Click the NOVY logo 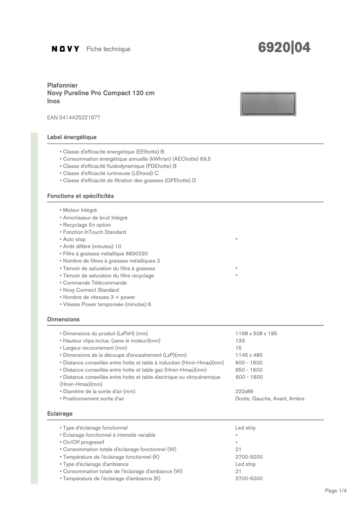66,49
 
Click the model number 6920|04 285,48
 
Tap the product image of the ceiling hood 268,104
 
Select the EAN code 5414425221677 74,118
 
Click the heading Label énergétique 72,137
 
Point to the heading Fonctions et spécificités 80,196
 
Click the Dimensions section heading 63,320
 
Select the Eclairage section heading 60,413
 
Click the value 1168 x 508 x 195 256,333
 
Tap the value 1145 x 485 249,355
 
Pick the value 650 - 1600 249,370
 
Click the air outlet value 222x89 244,391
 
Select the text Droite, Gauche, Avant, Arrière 269,399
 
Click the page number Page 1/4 336,491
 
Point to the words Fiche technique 108,49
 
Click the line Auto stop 74,239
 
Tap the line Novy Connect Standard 91,290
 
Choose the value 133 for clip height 240,341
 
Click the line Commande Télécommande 95,283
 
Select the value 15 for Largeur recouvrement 238,348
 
